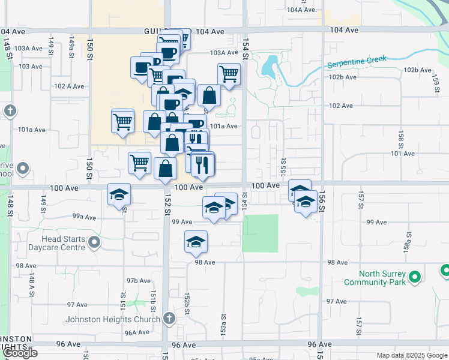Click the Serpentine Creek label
[357, 62]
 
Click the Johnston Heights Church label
[113, 319]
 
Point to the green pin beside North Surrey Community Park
[414, 277]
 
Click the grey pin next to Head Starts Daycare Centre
[94, 242]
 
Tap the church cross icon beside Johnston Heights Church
[169, 318]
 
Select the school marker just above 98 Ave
[196, 241]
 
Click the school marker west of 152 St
[119, 194]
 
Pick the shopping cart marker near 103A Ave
[229, 74]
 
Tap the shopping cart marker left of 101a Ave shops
[122, 121]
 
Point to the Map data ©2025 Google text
[411, 355]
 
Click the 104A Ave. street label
[301, 10]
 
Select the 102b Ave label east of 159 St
[418, 70]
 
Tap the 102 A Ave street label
[68, 86]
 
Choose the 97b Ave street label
[138, 281]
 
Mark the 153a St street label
[223, 324]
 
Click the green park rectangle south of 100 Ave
[261, 233]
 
